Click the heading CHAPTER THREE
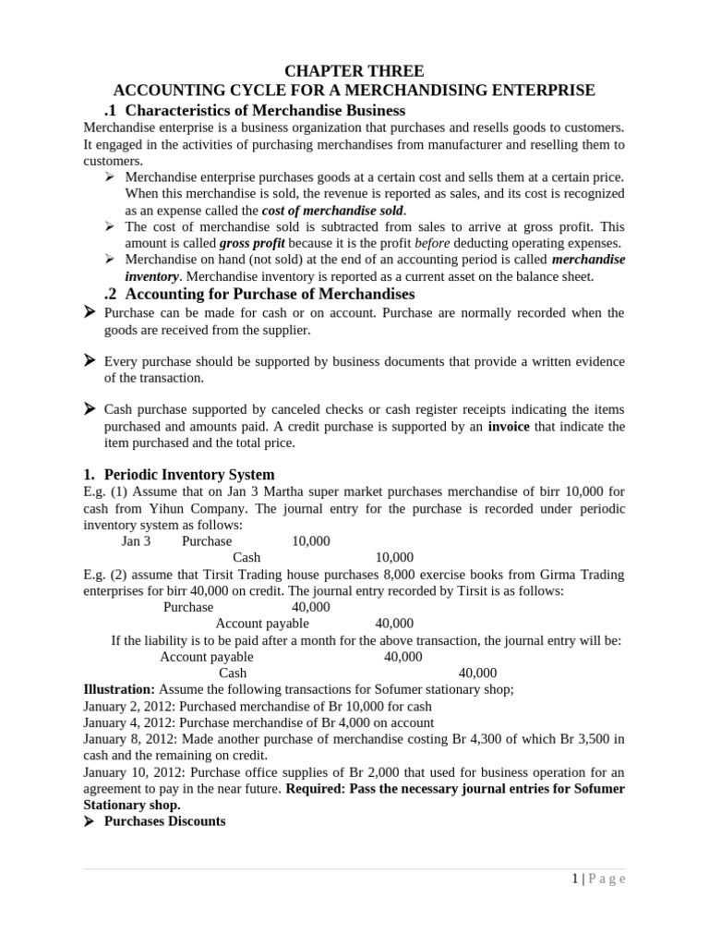354,71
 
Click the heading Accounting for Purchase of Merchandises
270,294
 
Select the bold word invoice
510,426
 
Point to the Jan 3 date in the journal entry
136,541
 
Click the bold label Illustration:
119,689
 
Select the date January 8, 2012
127,739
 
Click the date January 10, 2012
130,772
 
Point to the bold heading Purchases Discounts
164,821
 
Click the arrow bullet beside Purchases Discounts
90,821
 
